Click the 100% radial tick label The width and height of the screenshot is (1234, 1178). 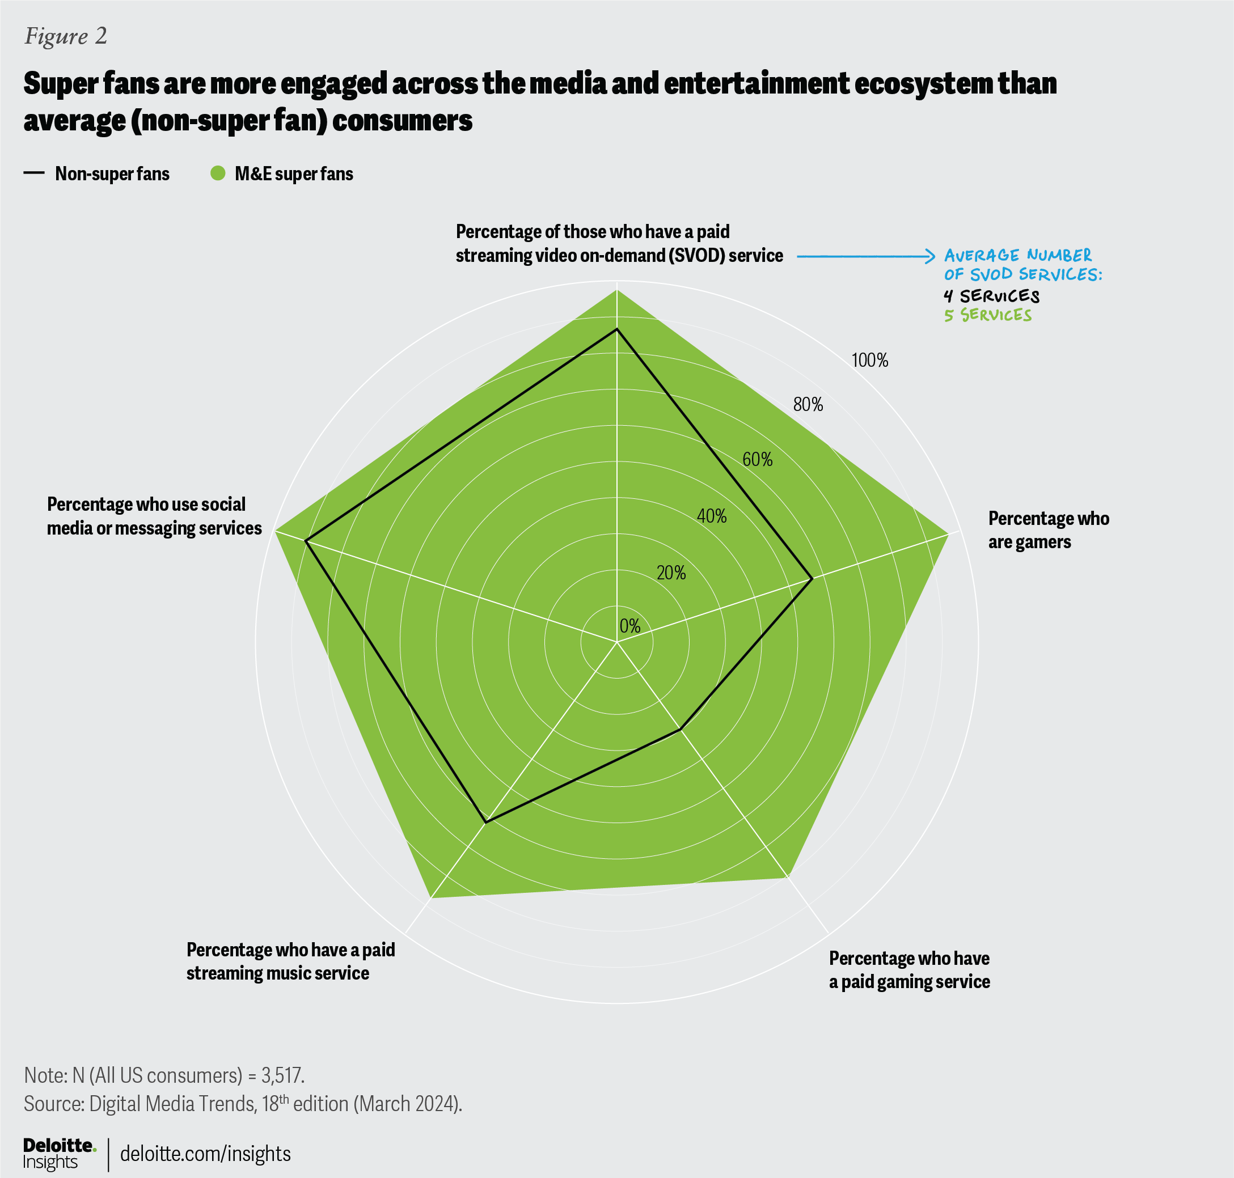pyautogui.click(x=869, y=361)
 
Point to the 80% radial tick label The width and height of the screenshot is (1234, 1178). pyautogui.click(x=808, y=405)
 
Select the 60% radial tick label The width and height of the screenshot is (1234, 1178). pyautogui.click(x=757, y=460)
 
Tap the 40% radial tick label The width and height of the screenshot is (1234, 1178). pyautogui.click(x=712, y=516)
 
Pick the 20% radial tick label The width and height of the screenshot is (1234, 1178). pyautogui.click(x=671, y=573)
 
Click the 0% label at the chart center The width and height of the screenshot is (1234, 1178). pyautogui.click(x=629, y=626)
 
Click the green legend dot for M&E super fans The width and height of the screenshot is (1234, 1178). pyautogui.click(x=217, y=173)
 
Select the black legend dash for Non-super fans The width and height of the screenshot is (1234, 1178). pyautogui.click(x=34, y=173)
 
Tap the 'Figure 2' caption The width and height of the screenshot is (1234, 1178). pyautogui.click(x=66, y=36)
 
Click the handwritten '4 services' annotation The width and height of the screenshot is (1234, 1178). pyautogui.click(x=991, y=296)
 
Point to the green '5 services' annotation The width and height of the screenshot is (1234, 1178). pyautogui.click(x=988, y=315)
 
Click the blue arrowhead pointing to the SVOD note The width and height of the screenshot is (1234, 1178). pyautogui.click(x=931, y=256)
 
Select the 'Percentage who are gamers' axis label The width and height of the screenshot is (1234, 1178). pyautogui.click(x=1048, y=530)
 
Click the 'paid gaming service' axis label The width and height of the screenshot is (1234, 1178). pyautogui.click(x=909, y=969)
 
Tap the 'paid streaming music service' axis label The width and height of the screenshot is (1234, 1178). pyautogui.click(x=290, y=961)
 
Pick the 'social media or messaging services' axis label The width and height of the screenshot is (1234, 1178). pyautogui.click(x=154, y=516)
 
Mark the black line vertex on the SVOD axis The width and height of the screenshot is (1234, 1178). pyautogui.click(x=617, y=329)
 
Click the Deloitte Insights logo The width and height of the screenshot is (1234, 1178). pyautogui.click(x=59, y=1154)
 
